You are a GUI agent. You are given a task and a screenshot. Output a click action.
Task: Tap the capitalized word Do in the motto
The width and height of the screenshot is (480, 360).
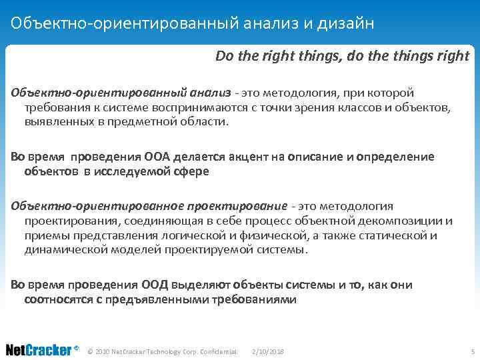click(223, 56)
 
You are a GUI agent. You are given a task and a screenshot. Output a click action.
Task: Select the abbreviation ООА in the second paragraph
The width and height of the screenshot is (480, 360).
click(158, 157)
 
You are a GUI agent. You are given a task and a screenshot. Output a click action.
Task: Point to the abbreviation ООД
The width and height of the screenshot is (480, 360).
click(157, 285)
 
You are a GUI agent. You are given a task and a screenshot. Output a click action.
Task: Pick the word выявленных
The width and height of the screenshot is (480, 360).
click(56, 122)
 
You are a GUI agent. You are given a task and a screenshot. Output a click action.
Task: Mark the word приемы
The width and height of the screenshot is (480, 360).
click(43, 235)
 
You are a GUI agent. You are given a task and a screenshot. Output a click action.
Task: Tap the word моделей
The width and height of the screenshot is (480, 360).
click(135, 250)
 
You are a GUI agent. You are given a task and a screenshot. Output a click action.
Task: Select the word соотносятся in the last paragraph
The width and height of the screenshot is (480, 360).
click(57, 299)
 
